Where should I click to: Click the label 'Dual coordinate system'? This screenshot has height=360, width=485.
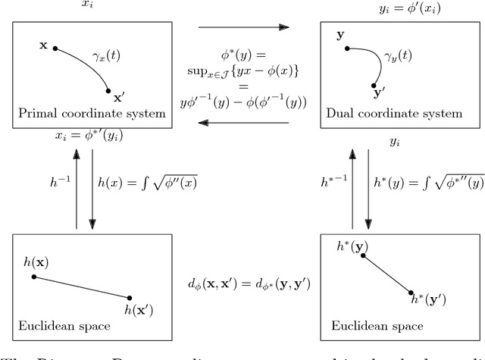[x=393, y=114]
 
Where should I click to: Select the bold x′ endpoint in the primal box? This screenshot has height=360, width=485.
[x=109, y=91]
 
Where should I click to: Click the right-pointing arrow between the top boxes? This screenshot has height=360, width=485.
[x=242, y=27]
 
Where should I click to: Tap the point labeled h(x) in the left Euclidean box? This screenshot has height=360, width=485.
[x=34, y=277]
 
